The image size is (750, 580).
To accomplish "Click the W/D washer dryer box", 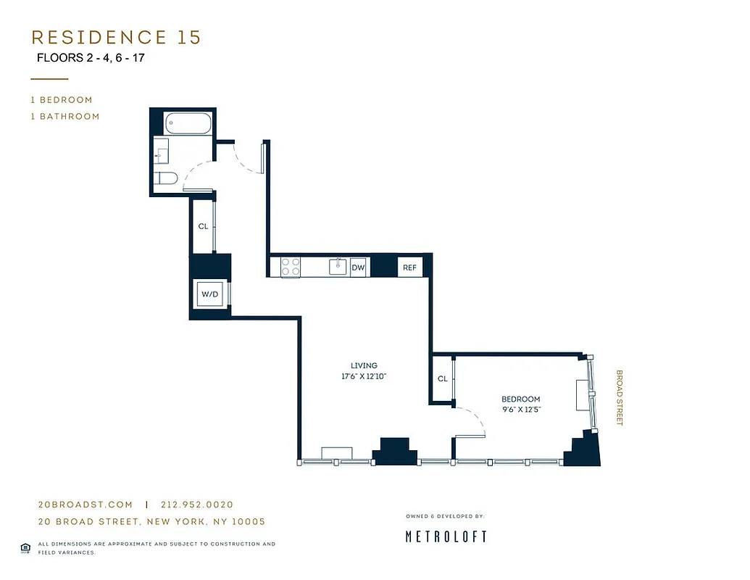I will [x=209, y=294].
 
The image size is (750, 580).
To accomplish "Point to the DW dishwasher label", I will [x=358, y=268].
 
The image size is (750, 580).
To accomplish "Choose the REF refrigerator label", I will [x=409, y=268].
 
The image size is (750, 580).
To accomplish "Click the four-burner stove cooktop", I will [x=291, y=267].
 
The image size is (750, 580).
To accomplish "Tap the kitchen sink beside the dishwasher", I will [x=337, y=267].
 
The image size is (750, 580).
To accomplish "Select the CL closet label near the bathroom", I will [x=204, y=226].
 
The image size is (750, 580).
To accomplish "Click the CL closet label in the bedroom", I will [x=442, y=378].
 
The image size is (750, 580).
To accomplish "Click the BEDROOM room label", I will [x=521, y=399].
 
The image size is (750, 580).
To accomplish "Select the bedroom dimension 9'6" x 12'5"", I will [x=521, y=410].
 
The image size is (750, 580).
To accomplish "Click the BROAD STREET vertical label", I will [x=620, y=397].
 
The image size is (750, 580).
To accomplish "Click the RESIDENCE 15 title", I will [x=116, y=38].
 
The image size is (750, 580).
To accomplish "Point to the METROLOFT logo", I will [x=445, y=536].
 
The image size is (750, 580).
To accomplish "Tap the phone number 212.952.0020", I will [x=197, y=505].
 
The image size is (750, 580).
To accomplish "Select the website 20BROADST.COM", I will [x=85, y=505].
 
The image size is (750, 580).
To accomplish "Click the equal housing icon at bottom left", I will [x=25, y=547].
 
